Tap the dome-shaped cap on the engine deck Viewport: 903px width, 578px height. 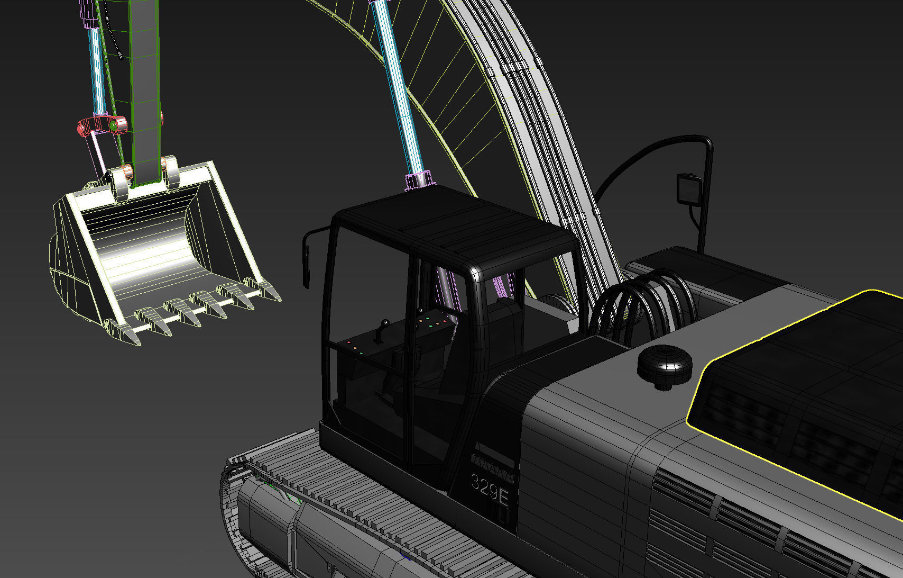coord(664,365)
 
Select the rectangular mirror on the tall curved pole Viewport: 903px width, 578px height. coord(688,188)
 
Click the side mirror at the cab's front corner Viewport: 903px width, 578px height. coord(306,259)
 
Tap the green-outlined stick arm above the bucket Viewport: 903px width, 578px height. coord(144,90)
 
